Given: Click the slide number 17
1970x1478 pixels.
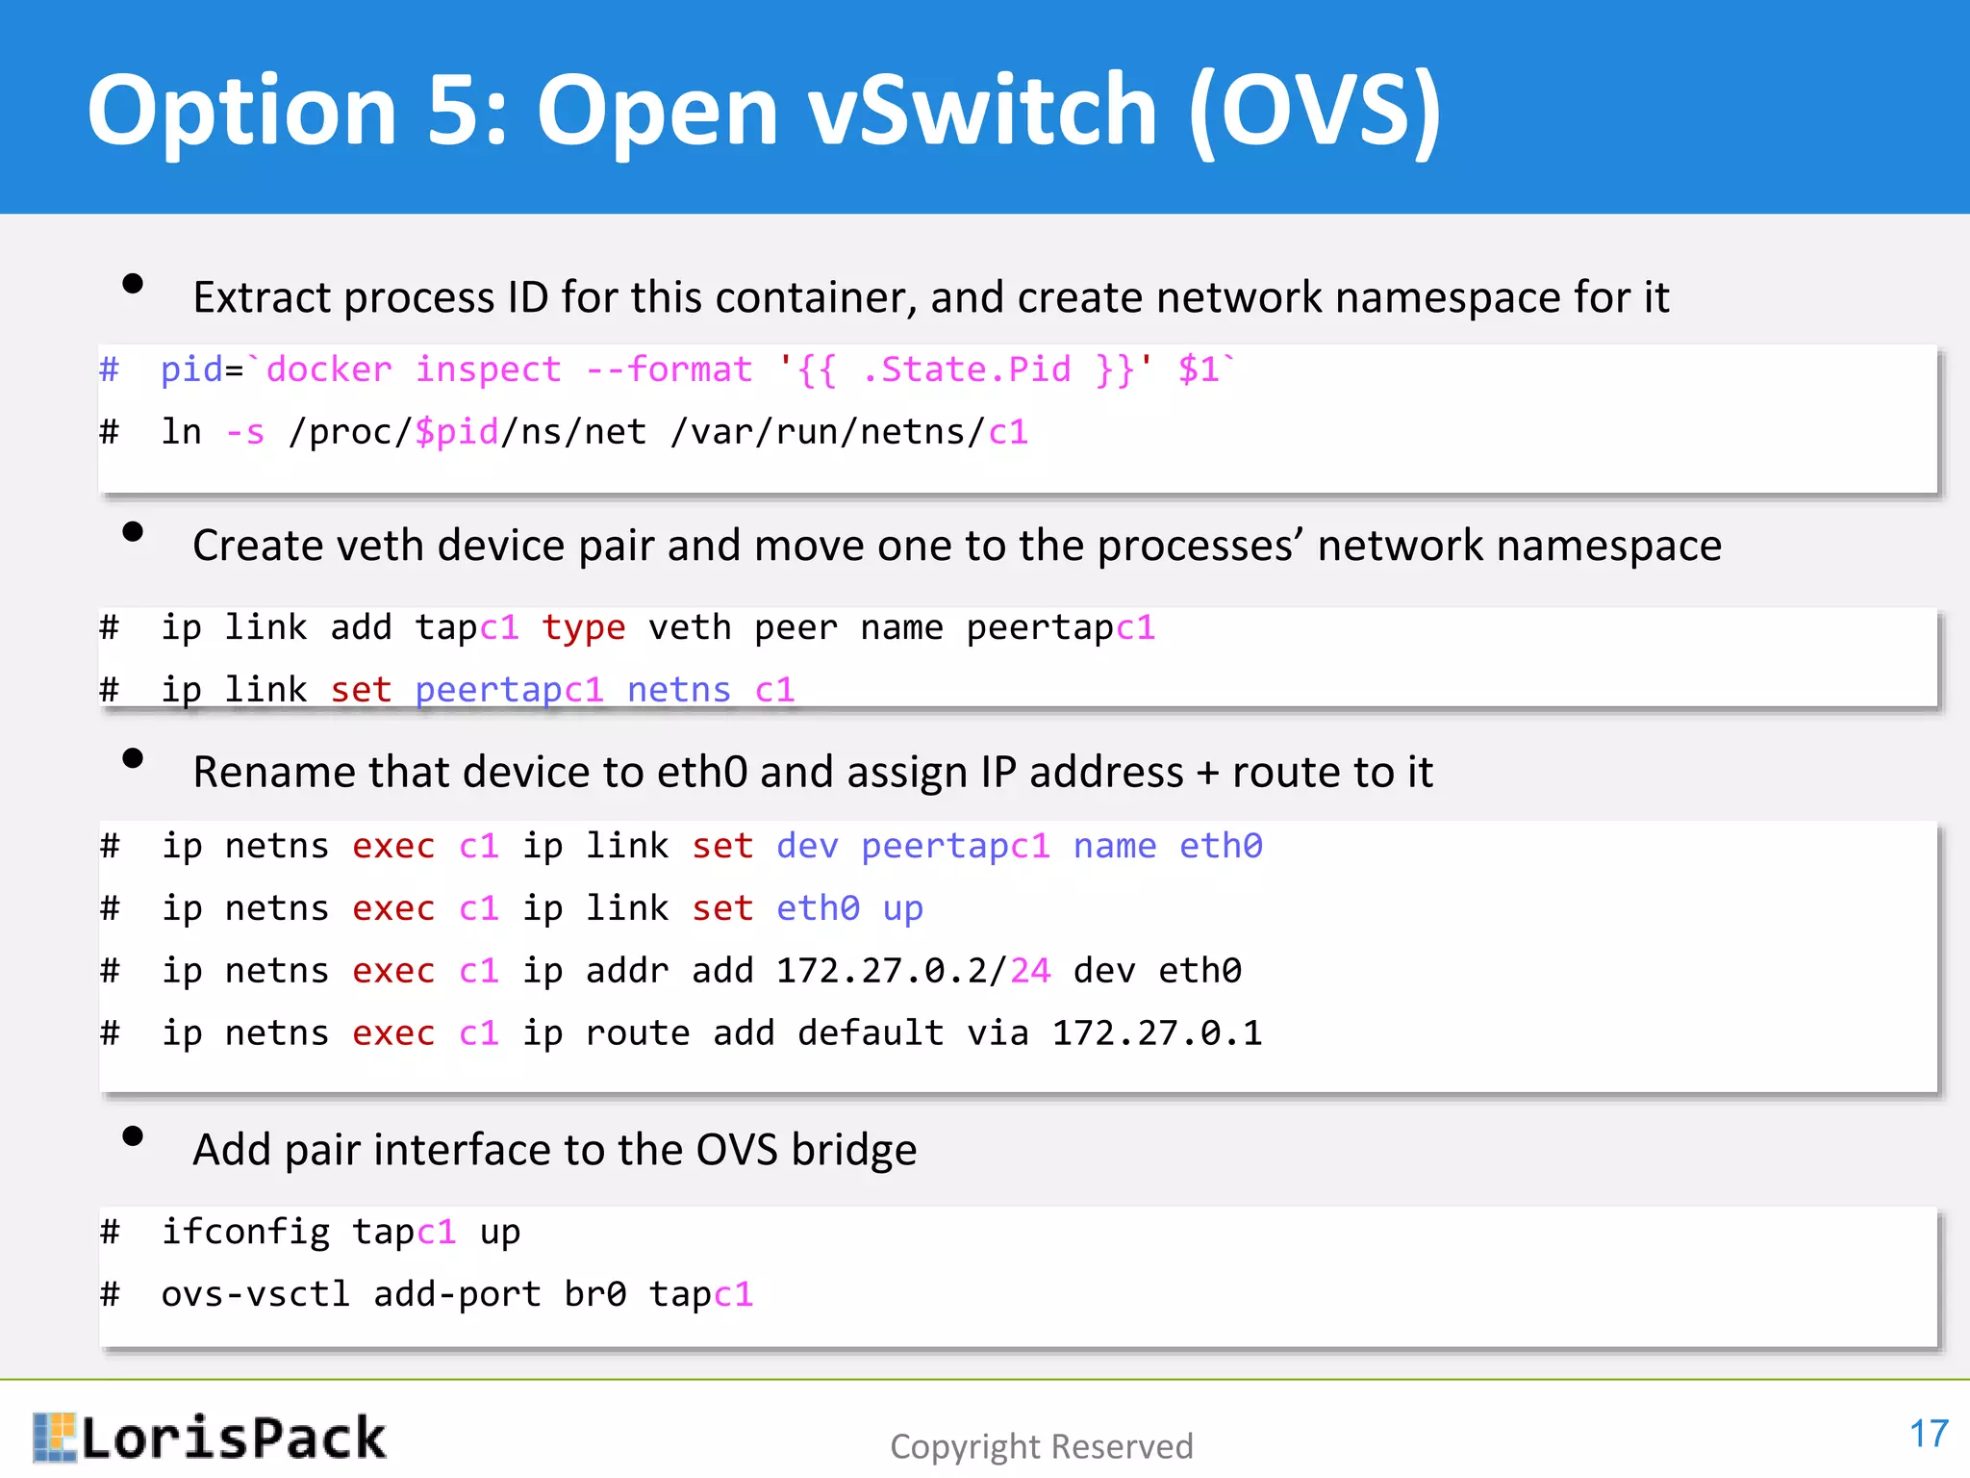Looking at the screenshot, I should click(1928, 1434).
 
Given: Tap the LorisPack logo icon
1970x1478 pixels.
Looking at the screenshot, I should click(54, 1437).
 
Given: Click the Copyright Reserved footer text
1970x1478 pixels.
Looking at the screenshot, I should click(1041, 1446).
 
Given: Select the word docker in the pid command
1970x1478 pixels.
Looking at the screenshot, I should click(329, 369).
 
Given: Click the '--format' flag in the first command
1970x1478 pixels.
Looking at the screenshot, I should click(669, 369).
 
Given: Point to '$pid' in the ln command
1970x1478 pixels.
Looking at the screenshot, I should click(457, 432).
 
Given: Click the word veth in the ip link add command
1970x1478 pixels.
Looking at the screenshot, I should click(689, 627).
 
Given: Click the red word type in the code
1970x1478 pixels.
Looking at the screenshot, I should click(583, 627).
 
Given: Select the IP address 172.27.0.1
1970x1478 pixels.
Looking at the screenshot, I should click(1156, 1032).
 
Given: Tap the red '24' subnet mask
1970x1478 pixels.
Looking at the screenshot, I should click(1030, 970).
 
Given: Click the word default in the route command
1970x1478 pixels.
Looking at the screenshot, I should click(870, 1032).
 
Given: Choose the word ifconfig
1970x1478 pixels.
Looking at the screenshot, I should click(245, 1232).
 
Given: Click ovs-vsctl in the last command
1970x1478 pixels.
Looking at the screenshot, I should click(255, 1294).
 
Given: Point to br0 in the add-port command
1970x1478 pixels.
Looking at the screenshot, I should click(594, 1294).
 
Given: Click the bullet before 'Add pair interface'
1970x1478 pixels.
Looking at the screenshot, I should click(133, 1136).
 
